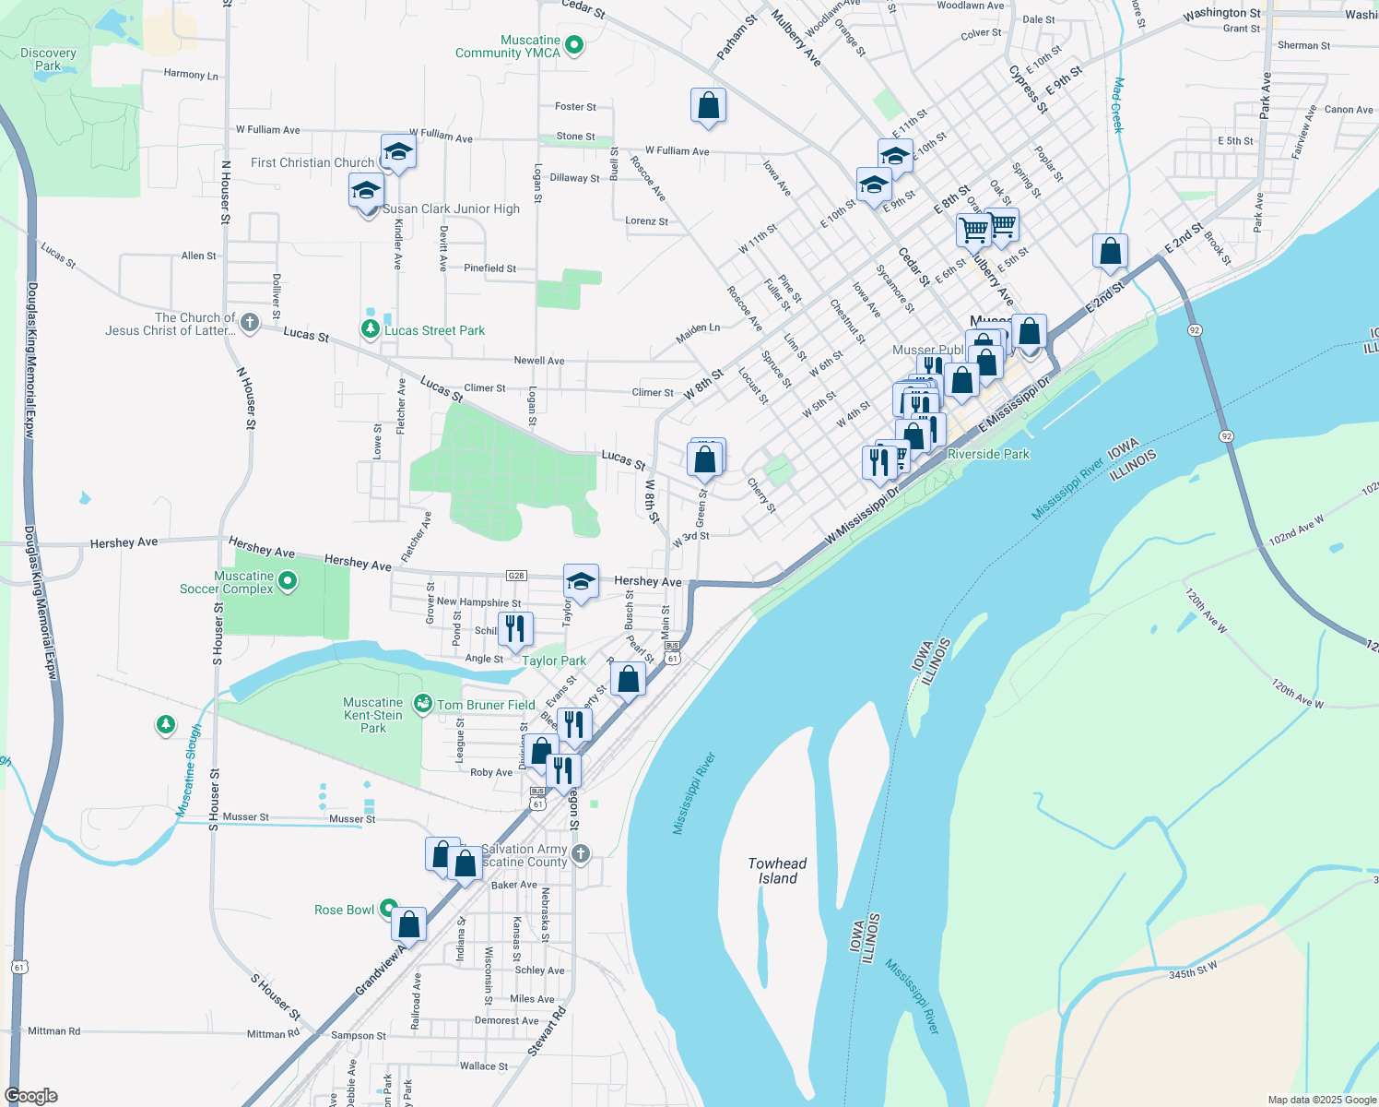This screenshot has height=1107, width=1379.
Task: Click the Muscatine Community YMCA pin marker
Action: [574, 44]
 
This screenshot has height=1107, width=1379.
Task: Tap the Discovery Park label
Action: [48, 59]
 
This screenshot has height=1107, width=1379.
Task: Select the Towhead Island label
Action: [777, 871]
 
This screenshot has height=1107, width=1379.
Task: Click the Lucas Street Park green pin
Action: [370, 329]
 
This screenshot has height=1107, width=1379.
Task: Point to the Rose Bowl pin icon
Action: [388, 909]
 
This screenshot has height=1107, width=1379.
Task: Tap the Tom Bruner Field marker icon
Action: [422, 705]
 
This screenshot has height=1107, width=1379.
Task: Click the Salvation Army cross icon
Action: [580, 853]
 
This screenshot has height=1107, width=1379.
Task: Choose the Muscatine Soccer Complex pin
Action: [288, 581]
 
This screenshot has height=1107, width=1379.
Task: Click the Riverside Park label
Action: [988, 454]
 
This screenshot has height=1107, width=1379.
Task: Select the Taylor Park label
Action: [553, 661]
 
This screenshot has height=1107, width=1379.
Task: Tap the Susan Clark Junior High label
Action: [452, 209]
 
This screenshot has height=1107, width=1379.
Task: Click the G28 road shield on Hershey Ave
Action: [516, 576]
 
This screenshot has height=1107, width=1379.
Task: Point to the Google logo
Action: [31, 1096]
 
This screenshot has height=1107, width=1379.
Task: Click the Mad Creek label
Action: [1117, 104]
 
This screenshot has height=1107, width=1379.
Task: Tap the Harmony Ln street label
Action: [191, 75]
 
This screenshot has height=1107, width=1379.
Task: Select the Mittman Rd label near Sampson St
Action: [273, 1034]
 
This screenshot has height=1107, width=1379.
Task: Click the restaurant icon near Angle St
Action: [515, 629]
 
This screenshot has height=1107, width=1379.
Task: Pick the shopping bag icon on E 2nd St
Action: [1111, 251]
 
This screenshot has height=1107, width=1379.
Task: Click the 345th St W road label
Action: [1193, 970]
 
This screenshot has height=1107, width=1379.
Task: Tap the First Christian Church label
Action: [312, 162]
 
